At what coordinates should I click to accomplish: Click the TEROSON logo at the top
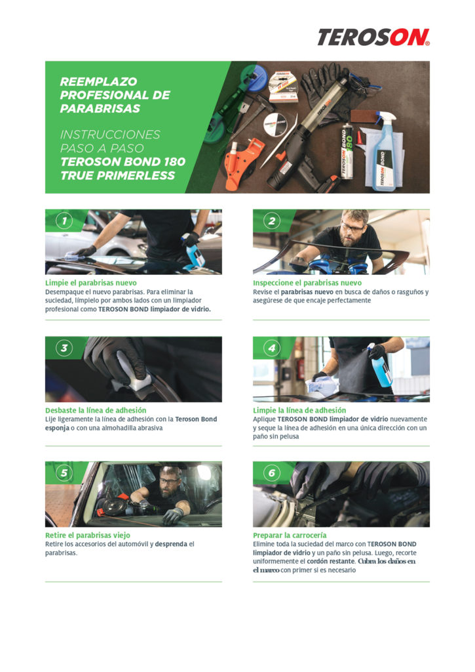coord(373,37)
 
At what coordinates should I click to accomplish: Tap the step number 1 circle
coord(64,221)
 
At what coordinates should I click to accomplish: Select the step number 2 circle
coord(272,221)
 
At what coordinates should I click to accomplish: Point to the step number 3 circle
coord(64,348)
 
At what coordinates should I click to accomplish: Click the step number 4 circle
coord(272,348)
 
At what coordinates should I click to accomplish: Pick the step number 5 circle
coord(64,473)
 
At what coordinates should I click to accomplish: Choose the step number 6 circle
coord(272,473)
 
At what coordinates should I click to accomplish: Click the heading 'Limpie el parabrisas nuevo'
coord(91,283)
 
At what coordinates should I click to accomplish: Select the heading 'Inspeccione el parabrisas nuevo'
coord(307,283)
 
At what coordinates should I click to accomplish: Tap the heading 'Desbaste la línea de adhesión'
coord(96,410)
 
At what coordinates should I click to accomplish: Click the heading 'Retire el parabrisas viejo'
coord(88,535)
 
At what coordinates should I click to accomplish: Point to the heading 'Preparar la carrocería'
coord(290,535)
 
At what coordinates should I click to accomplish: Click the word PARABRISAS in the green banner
coord(100,108)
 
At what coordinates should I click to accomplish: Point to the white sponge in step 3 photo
coord(132,375)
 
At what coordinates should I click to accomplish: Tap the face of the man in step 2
coord(353,232)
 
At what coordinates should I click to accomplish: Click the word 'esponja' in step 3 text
coord(58,428)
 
